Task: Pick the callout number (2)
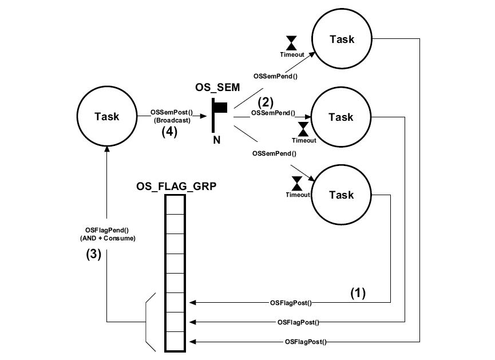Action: (x=265, y=103)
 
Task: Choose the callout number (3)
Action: (x=93, y=255)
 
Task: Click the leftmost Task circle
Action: (x=106, y=117)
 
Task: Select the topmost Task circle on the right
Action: (x=342, y=39)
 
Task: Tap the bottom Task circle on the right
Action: (x=342, y=195)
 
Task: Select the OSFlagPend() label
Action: (x=106, y=230)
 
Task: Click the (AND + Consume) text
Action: (x=106, y=238)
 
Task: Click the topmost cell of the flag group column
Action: (x=175, y=205)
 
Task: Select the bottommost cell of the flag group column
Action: (x=175, y=342)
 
